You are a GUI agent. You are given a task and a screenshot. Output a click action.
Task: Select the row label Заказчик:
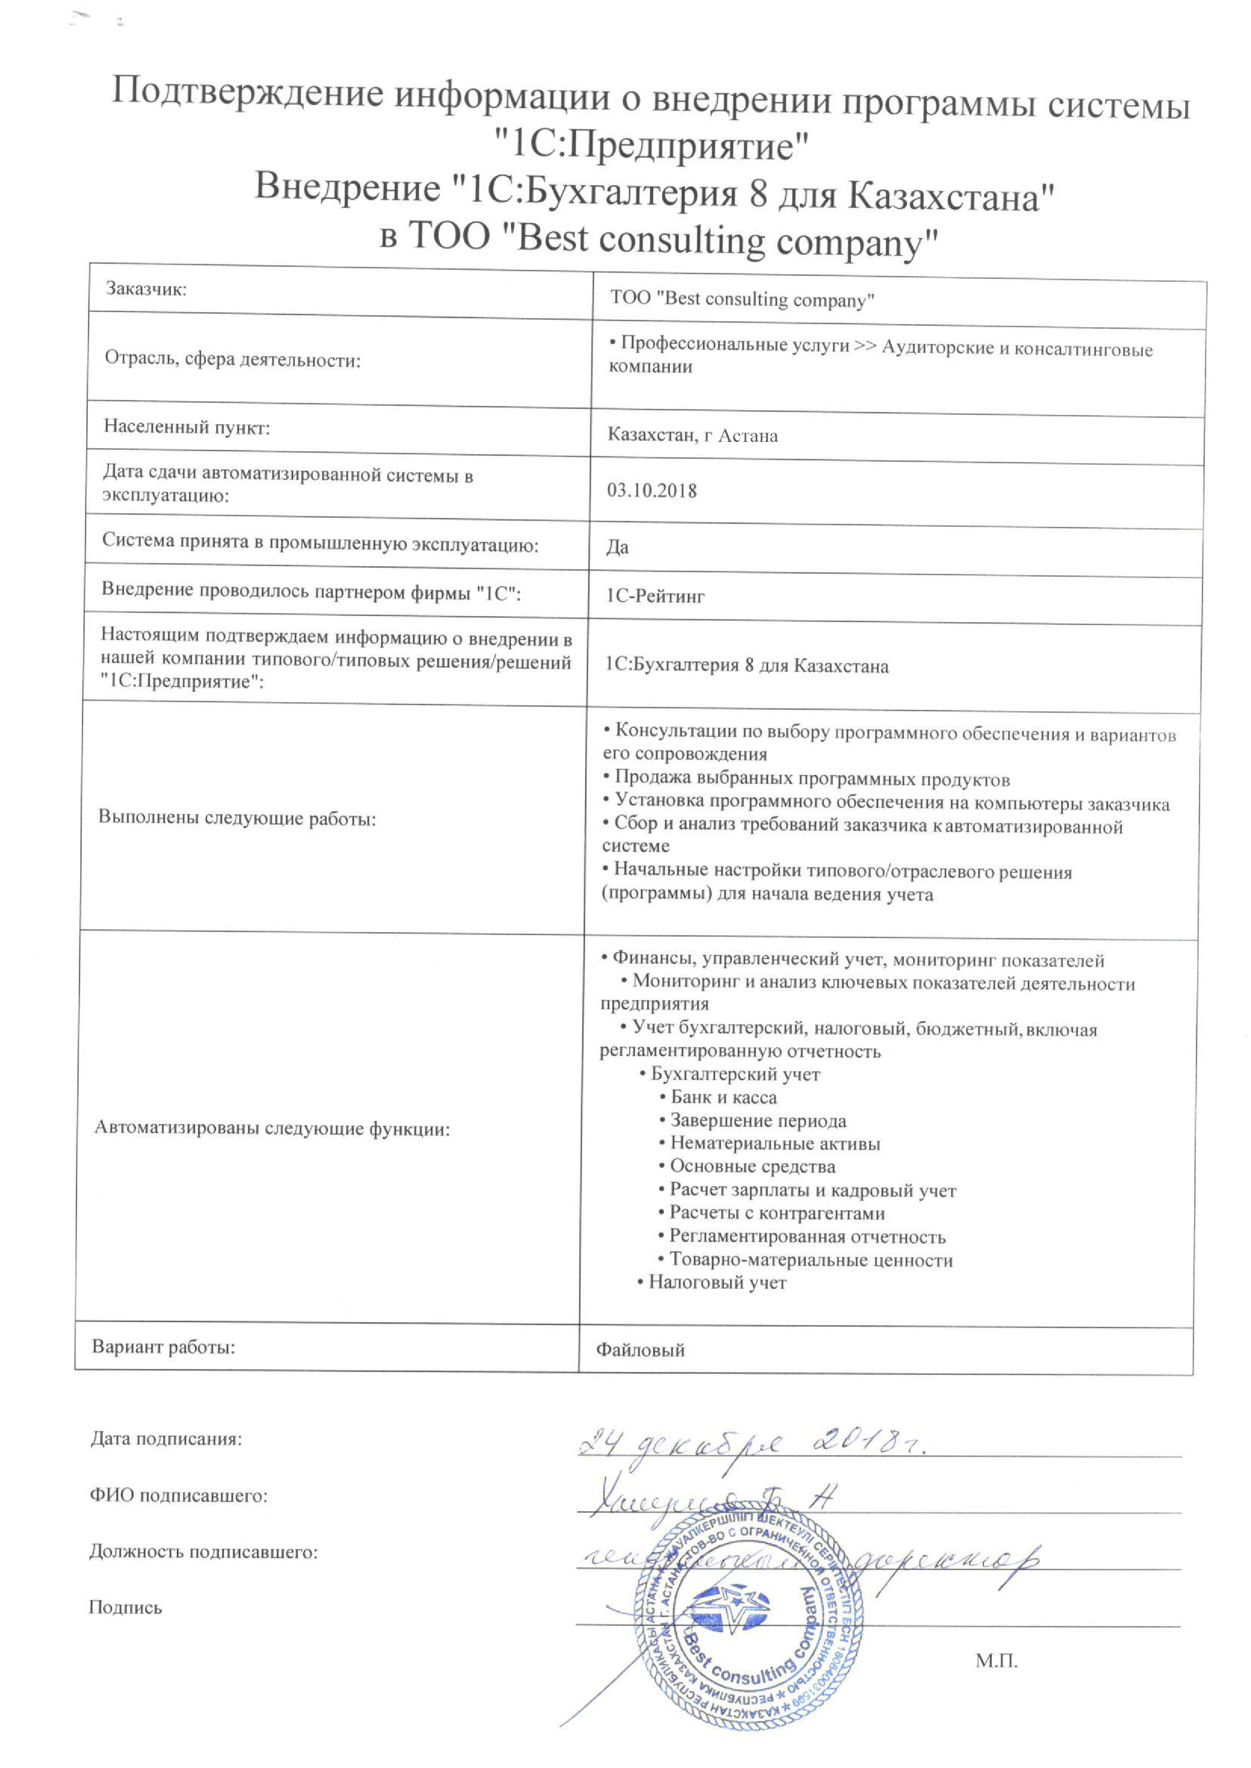(x=146, y=290)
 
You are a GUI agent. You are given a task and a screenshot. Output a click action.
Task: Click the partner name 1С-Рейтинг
(x=655, y=596)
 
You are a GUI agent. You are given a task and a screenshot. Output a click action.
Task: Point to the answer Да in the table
(x=617, y=547)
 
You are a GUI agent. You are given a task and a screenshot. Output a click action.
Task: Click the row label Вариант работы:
(x=163, y=1347)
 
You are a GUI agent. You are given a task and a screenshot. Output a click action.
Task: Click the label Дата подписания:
(x=166, y=1438)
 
